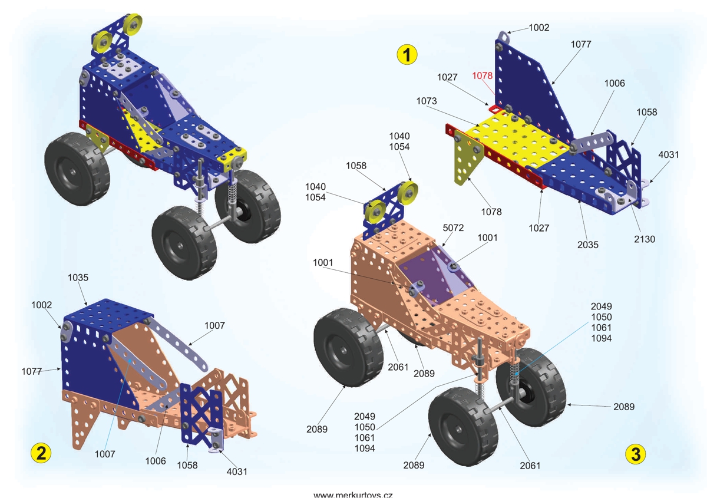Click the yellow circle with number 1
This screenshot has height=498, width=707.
pos(407,54)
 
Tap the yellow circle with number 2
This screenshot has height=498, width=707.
pos(41,453)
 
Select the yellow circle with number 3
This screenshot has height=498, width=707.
pos(635,454)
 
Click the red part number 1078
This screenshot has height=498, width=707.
pos(482,76)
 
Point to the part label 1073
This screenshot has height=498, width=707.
pos(427,101)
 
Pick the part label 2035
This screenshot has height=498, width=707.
pos(588,245)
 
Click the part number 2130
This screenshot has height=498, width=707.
pos(645,239)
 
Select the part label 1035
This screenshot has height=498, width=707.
pos(78,278)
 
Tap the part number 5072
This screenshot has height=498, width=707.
pos(453,228)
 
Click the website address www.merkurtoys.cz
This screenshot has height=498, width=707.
pos(353,495)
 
